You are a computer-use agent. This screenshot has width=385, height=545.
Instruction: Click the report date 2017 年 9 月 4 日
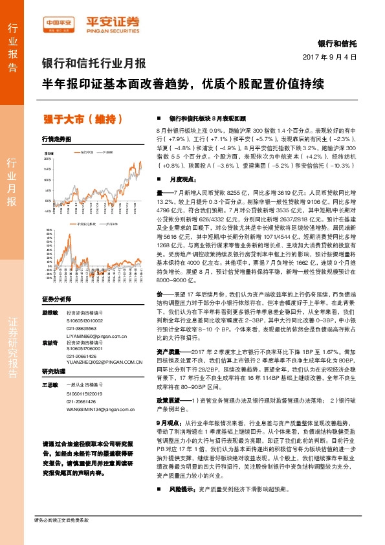click(329, 58)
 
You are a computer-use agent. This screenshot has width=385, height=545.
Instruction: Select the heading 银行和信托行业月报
click(94, 63)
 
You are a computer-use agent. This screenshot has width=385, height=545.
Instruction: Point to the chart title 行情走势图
click(56, 139)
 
